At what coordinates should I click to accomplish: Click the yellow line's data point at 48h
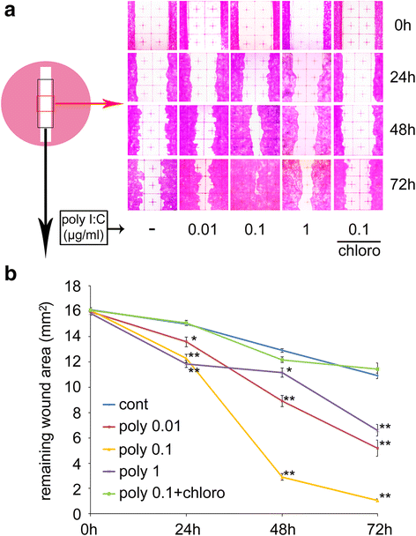[282, 477]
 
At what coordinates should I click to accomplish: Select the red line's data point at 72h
[377, 448]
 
